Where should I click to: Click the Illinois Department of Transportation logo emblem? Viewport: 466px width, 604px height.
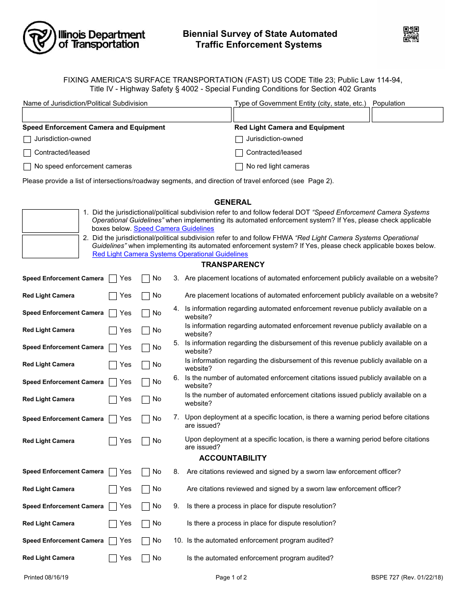(x=39, y=38)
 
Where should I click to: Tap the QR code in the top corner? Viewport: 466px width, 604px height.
(x=411, y=34)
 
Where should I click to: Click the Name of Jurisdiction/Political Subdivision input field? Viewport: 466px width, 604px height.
(x=127, y=115)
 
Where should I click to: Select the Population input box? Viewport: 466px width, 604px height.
(x=407, y=115)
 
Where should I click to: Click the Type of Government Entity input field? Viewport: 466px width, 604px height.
(x=301, y=115)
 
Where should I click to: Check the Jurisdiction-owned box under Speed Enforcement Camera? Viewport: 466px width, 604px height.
(x=27, y=139)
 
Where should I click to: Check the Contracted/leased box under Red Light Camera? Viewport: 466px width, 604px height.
(x=239, y=153)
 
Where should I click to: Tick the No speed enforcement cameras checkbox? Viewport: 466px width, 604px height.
(x=27, y=166)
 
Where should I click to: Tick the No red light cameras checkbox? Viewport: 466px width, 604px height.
(x=239, y=166)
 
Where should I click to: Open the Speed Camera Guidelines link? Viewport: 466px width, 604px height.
(x=174, y=228)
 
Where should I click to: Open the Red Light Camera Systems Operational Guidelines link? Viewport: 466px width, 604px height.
(x=170, y=254)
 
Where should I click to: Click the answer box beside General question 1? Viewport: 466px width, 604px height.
(x=51, y=221)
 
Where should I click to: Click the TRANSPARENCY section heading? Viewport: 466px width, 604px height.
(x=233, y=265)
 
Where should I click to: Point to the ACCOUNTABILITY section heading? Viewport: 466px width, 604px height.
(x=233, y=458)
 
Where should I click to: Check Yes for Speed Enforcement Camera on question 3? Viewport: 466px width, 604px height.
(x=113, y=278)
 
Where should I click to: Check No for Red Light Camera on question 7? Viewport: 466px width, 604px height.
(x=146, y=441)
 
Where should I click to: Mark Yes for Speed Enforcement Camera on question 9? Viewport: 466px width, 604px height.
(x=113, y=506)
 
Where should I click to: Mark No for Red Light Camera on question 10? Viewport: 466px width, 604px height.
(x=146, y=558)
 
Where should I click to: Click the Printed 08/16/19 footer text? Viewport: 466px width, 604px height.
(x=46, y=577)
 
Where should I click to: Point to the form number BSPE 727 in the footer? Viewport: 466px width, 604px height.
(x=407, y=577)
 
